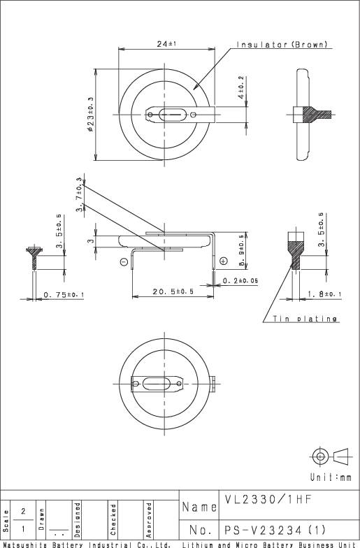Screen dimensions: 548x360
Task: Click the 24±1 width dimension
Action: (166, 44)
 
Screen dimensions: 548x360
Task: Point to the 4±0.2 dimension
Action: (241, 87)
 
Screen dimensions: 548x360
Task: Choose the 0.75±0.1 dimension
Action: (64, 295)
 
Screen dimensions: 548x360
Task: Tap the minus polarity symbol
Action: (124, 262)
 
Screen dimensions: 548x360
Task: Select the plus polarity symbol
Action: (223, 261)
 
